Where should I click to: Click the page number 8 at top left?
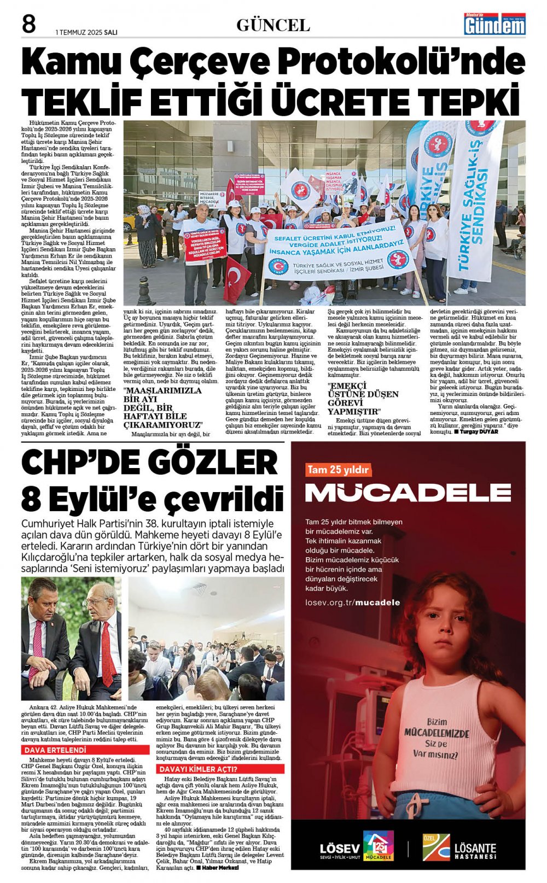click(29, 25)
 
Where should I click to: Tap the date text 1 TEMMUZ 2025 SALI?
click(86, 32)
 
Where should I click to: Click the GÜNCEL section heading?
click(273, 25)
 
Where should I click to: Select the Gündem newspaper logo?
click(494, 25)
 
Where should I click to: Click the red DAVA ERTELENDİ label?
click(55, 750)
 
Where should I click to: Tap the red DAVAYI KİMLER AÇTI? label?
click(198, 769)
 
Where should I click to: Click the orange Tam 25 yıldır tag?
click(338, 470)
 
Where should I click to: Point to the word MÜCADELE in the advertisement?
click(408, 493)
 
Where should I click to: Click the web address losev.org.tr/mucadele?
click(353, 603)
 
